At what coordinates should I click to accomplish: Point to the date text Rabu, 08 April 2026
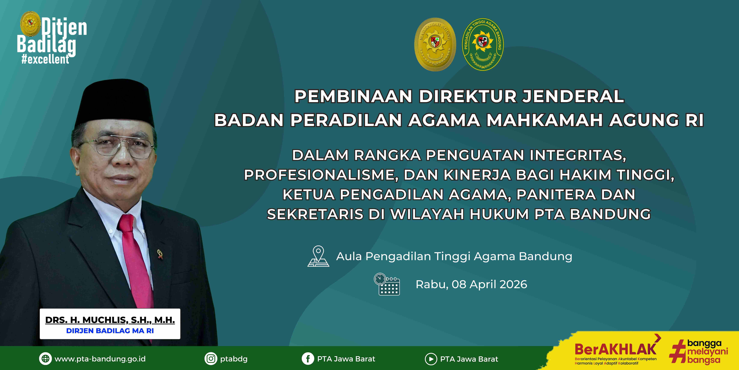click(x=471, y=284)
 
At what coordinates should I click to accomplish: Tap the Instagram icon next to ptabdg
click(x=211, y=359)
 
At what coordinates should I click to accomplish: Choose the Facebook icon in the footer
click(x=308, y=359)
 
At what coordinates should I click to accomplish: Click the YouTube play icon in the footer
click(x=431, y=359)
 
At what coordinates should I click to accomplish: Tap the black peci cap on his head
click(x=115, y=103)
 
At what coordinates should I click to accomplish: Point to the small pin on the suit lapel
click(x=160, y=254)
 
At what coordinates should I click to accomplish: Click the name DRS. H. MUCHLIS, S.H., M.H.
click(x=110, y=320)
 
